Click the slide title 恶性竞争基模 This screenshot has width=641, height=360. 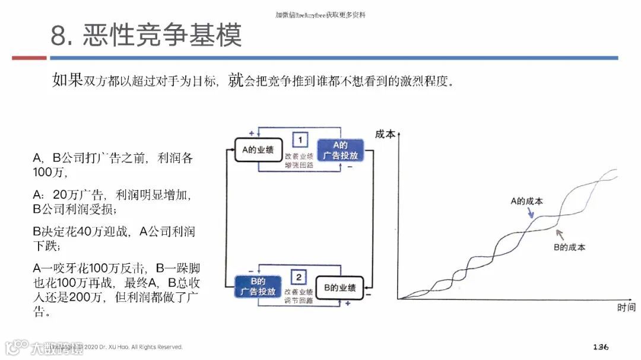[146, 35]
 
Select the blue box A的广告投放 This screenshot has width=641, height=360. [339, 151]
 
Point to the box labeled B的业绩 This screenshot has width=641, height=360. [339, 288]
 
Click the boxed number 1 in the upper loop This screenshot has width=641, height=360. [301, 140]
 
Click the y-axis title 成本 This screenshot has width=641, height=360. [385, 134]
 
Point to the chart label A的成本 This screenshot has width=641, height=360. [526, 201]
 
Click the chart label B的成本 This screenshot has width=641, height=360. [569, 247]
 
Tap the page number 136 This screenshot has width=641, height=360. [601, 346]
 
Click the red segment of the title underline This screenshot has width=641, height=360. [29, 58]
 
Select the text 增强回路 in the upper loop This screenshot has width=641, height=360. [299, 165]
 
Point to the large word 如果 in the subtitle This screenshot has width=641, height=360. [67, 81]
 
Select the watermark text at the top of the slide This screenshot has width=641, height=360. [320, 15]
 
